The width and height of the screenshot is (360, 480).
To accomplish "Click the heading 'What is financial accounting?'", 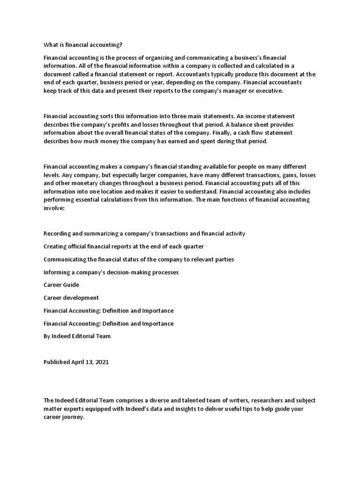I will (x=83, y=45).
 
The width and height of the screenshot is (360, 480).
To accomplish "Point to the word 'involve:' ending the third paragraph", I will (x=54, y=209).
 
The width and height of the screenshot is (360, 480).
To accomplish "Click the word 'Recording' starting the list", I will (x=58, y=233).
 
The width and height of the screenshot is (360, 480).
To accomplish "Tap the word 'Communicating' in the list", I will (x=65, y=259).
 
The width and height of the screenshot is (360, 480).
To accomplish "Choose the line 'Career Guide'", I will (x=61, y=285).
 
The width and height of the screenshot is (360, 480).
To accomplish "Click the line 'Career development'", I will (x=71, y=298).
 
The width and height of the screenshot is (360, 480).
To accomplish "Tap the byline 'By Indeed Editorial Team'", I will (x=77, y=336).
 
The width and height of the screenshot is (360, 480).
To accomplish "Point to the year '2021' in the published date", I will (x=104, y=362).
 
